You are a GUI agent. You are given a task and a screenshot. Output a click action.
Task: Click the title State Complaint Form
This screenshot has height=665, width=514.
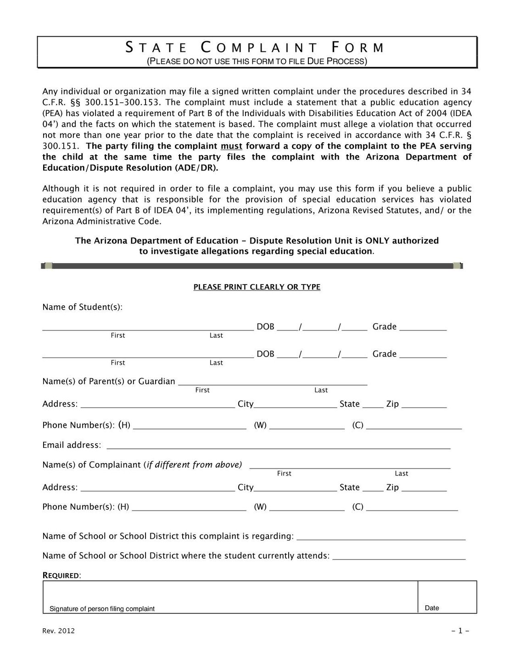[255, 48]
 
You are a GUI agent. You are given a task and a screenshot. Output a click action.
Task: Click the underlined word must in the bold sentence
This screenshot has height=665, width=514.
[231, 146]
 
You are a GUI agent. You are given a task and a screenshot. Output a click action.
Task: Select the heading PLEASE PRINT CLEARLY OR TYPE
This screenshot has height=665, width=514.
[257, 287]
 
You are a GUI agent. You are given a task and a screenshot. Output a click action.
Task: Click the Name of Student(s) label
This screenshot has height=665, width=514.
[82, 307]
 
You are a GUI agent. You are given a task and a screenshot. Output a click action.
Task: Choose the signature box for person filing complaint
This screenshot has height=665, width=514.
[230, 596]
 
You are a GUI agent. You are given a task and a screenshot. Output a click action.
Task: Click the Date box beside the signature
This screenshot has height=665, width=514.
[447, 596]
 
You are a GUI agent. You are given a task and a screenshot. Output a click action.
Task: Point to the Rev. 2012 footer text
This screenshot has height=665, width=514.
[58, 631]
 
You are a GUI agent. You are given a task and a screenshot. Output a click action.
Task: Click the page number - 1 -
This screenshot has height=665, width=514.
[460, 631]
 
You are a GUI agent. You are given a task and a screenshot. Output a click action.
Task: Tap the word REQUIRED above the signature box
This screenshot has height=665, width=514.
[61, 576]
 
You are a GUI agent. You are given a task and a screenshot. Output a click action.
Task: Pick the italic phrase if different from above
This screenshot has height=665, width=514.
[193, 465]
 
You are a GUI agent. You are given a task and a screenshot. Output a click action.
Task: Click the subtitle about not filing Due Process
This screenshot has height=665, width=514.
[257, 61]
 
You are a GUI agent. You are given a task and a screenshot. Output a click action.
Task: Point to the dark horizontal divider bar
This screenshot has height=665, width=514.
[252, 266]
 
